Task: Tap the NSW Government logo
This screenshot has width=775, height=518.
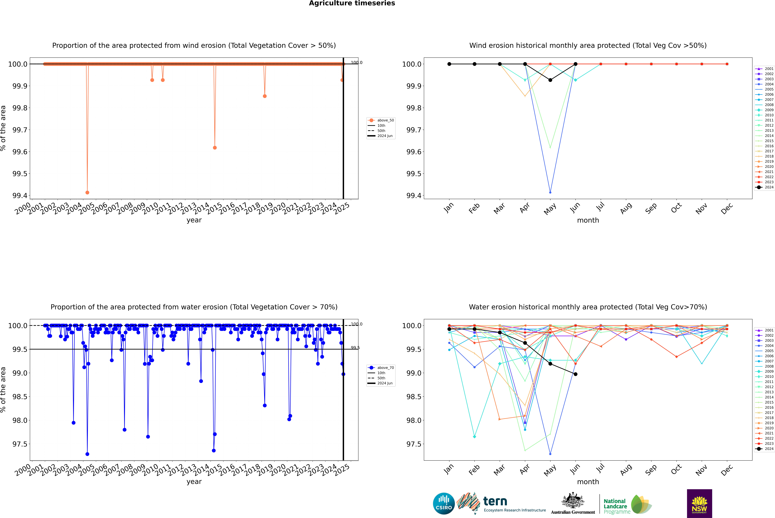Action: (x=699, y=503)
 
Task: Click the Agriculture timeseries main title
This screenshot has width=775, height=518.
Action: (x=352, y=3)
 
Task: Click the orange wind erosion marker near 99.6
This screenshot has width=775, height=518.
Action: (x=215, y=148)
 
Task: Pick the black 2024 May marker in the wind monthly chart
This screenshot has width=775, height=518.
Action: (x=550, y=80)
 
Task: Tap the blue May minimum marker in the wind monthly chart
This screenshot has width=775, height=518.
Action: (x=550, y=192)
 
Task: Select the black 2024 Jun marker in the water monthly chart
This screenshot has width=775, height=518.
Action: (x=575, y=374)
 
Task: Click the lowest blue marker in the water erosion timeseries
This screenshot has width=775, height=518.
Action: (x=87, y=454)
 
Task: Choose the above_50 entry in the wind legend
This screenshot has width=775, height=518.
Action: (x=385, y=120)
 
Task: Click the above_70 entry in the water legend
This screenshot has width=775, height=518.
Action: (x=385, y=368)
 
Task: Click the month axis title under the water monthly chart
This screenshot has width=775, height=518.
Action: (x=588, y=482)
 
